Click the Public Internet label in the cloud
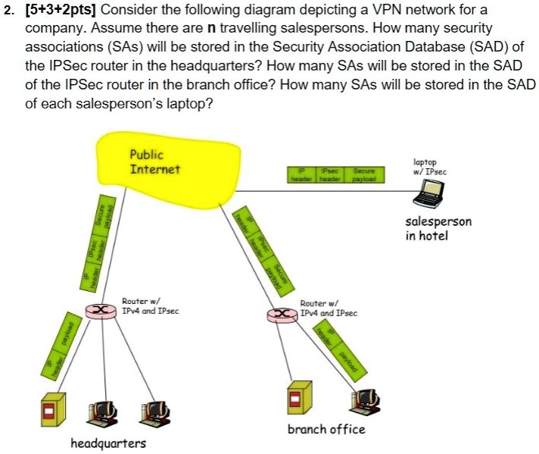point(154,161)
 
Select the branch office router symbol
point(282,313)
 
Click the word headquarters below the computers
point(107,443)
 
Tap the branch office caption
point(326,429)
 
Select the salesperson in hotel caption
point(438,228)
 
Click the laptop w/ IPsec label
point(430,167)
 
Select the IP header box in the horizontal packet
point(301,175)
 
